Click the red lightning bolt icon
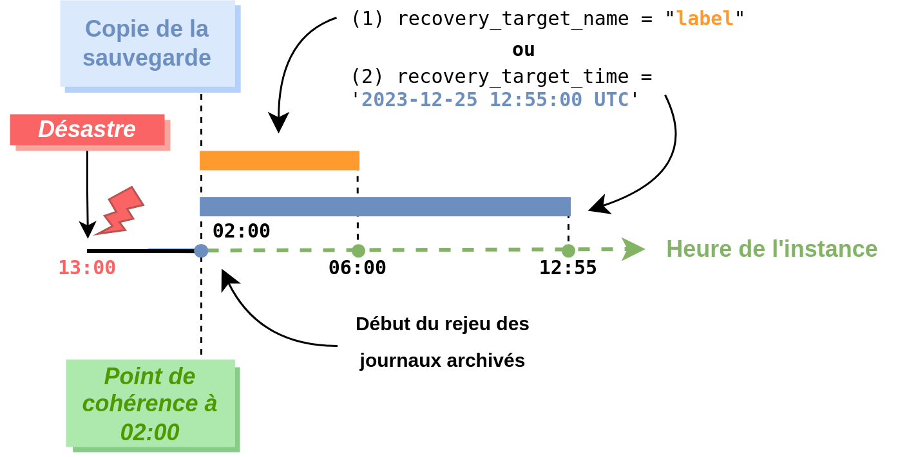(119, 211)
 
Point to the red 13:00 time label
(87, 268)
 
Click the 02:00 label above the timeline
(242, 230)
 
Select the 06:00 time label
(357, 268)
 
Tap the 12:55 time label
(568, 268)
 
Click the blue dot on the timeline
(201, 251)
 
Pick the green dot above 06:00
(358, 251)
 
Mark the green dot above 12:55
(568, 251)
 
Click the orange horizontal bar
(280, 161)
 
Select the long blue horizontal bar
(385, 207)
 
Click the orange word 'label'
(705, 19)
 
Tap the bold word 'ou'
(524, 50)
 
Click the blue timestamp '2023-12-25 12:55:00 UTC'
(495, 99)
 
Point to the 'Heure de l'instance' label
(772, 248)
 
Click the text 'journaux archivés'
(442, 360)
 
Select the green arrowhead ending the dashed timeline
(633, 249)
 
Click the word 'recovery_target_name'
(513, 19)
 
